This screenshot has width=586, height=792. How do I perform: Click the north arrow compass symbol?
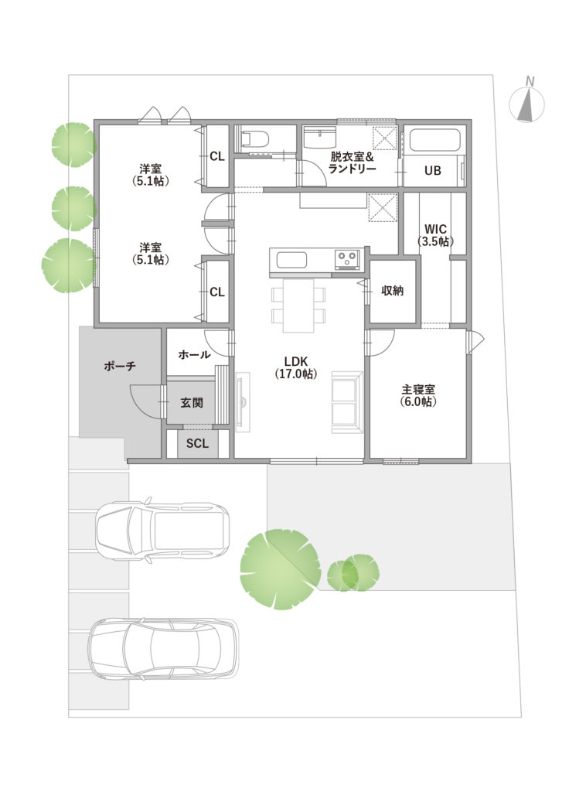(527, 103)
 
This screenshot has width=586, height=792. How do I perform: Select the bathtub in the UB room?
(434, 141)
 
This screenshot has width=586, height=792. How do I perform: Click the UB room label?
(433, 171)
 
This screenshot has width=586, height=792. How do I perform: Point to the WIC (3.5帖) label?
(435, 235)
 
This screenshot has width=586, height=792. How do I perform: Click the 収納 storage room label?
(392, 291)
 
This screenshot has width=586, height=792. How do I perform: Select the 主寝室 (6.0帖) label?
(418, 395)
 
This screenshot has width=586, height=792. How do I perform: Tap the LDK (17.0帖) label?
(296, 367)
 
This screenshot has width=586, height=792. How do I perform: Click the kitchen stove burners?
(347, 259)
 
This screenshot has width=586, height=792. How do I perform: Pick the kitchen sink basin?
(291, 261)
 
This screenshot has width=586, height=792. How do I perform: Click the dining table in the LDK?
(298, 306)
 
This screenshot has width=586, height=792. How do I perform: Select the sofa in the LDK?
(347, 402)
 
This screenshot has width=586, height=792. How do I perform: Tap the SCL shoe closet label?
(197, 443)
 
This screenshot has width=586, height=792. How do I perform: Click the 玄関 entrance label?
(192, 403)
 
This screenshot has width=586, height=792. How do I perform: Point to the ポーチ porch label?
(120, 366)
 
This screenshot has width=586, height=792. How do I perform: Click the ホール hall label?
(194, 354)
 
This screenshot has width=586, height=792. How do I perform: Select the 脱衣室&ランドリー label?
(352, 162)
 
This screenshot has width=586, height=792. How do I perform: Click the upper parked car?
(162, 530)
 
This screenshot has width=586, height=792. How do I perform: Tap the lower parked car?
(163, 650)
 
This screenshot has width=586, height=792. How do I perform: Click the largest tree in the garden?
(280, 569)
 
